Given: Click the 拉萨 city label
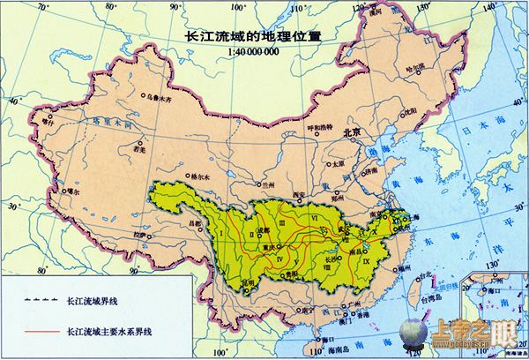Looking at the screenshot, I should (x=138, y=236).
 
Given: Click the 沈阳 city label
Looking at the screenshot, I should (x=407, y=112).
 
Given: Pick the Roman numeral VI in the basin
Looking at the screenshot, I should (x=314, y=215).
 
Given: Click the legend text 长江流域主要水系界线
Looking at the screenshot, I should (x=109, y=331).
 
